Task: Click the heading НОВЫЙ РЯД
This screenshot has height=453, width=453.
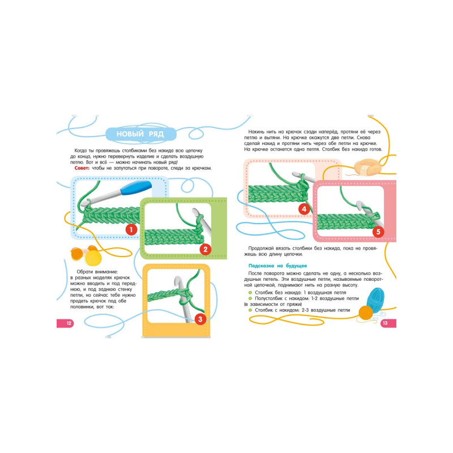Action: tap(140, 134)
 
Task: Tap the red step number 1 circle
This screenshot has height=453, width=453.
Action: tap(131, 230)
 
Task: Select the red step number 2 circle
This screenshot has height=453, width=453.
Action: tap(206, 249)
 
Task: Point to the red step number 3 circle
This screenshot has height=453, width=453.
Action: tap(200, 319)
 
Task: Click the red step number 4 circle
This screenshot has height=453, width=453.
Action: tap(304, 209)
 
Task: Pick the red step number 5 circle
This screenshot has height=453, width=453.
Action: tap(378, 232)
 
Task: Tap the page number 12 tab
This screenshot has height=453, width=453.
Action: tap(66, 323)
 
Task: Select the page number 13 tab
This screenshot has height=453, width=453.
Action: tap(388, 323)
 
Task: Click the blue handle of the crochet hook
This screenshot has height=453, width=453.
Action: tap(136, 188)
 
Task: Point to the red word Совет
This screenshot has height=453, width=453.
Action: tap(82, 168)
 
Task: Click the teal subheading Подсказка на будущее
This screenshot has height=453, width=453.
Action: tap(277, 266)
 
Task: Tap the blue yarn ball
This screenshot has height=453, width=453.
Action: tap(375, 300)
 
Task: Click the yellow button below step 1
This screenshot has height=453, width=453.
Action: tap(93, 258)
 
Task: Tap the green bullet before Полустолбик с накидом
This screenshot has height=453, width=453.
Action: tap(250, 298)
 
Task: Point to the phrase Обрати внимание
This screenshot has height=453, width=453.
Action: tap(97, 272)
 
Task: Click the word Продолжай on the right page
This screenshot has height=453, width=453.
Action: tap(261, 249)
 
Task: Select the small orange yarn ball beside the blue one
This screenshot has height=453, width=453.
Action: tap(366, 313)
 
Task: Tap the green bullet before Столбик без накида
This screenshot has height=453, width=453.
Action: tap(250, 293)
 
